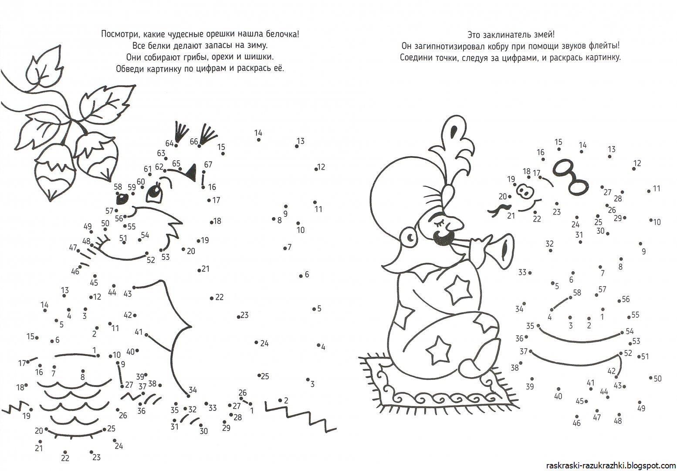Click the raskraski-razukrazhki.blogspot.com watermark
click(611, 465)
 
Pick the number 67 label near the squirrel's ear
click(208, 164)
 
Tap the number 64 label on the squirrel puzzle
click(169, 143)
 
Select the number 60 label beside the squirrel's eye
click(141, 181)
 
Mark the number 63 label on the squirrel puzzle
click(161, 153)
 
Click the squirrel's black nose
click(122, 198)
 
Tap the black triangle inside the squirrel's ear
click(192, 172)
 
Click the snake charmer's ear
click(410, 239)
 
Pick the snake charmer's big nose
click(455, 224)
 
